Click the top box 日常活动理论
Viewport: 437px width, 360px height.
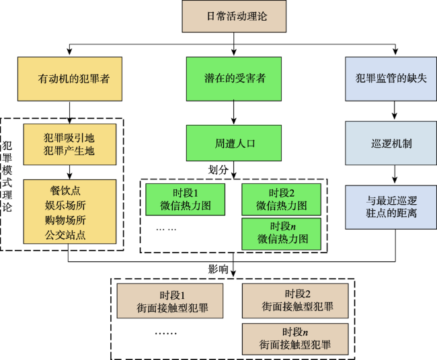(234, 16)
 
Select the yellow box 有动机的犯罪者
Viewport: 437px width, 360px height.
(70, 79)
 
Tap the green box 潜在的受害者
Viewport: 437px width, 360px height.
(234, 79)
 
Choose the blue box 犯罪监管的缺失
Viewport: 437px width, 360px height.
(391, 79)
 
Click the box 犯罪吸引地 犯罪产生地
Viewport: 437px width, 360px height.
(70, 144)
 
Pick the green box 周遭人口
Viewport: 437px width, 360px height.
(234, 143)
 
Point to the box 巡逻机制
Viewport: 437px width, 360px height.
(391, 143)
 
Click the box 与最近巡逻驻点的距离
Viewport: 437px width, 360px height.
(391, 207)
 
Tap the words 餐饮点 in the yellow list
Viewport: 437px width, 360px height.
(65, 191)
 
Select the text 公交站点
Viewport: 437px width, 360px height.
(65, 235)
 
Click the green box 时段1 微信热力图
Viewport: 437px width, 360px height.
(186, 199)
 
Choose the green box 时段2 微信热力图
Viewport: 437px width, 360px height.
(282, 199)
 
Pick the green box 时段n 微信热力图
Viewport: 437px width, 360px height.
(282, 234)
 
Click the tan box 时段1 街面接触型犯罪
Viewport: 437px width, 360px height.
(170, 301)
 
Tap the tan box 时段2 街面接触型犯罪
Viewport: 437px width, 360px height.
(295, 301)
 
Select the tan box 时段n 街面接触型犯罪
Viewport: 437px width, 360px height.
(295, 339)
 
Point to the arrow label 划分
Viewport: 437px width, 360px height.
(218, 170)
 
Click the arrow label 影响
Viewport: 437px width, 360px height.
(218, 269)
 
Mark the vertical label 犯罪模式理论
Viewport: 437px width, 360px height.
(7, 176)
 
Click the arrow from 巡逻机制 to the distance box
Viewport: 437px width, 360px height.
(395, 174)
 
